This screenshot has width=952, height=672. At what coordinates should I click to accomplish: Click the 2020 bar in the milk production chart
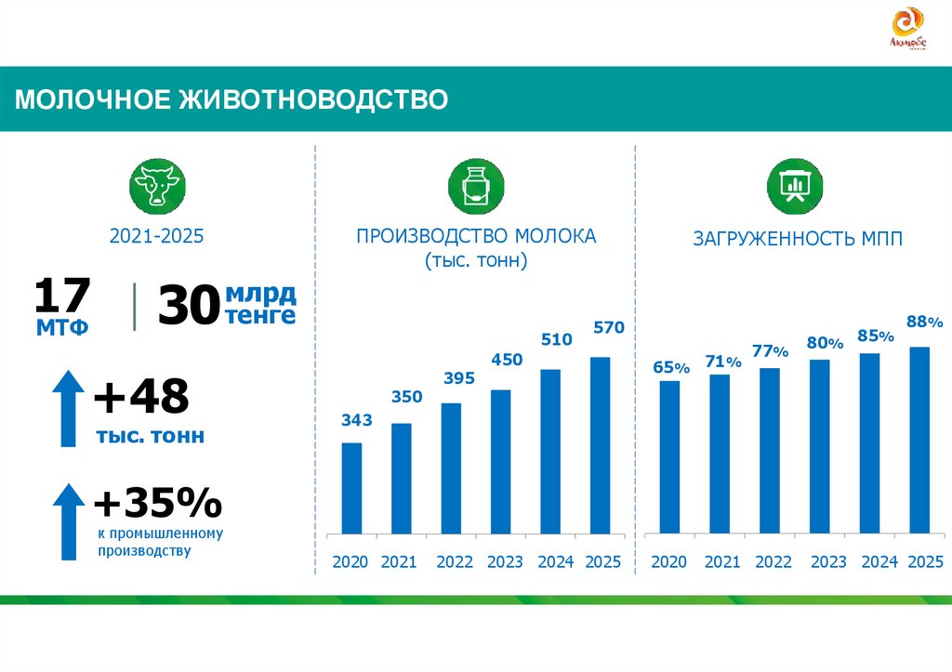pyautogui.click(x=352, y=488)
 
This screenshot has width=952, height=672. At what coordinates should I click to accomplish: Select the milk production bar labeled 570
pyautogui.click(x=601, y=445)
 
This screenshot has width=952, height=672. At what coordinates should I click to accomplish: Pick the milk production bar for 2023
pyautogui.click(x=501, y=462)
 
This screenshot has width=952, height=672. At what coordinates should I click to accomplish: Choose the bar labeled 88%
pyautogui.click(x=919, y=441)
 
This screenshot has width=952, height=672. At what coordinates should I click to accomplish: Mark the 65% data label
pyautogui.click(x=670, y=367)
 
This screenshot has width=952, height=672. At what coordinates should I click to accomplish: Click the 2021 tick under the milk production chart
pyautogui.click(x=399, y=561)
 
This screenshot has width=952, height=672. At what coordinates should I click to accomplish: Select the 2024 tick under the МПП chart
pyautogui.click(x=879, y=561)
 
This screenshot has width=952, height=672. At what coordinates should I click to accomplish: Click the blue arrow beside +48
pyautogui.click(x=68, y=408)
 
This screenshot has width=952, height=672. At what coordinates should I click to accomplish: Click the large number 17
pyautogui.click(x=62, y=296)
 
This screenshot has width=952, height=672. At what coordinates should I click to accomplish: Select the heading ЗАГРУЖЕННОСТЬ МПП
pyautogui.click(x=797, y=239)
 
